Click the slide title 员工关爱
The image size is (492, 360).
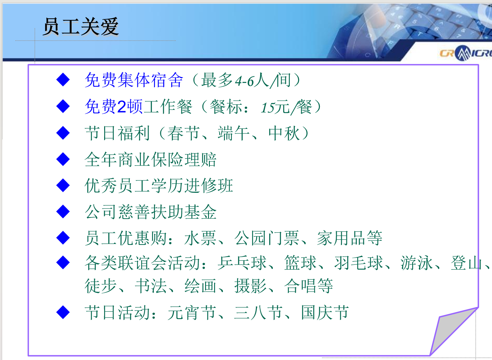pos(81,27)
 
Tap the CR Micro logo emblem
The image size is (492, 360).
pos(463,53)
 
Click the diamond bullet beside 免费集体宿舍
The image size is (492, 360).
pos(63,80)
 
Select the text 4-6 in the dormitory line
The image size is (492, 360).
pos(244,81)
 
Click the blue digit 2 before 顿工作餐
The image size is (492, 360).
pos(122,106)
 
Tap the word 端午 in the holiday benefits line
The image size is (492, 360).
pos(234,133)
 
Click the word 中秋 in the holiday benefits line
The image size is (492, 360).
pos(284,133)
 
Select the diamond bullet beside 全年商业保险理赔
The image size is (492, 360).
pos(63,159)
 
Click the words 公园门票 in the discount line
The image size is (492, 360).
pos(267,238)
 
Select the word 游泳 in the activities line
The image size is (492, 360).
pos(417,263)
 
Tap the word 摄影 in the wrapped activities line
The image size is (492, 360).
pos(250,286)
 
